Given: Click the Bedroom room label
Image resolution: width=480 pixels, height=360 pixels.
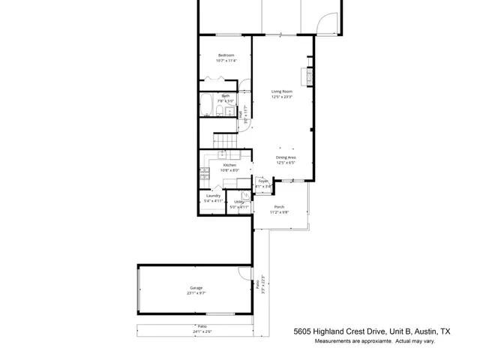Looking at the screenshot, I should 226,55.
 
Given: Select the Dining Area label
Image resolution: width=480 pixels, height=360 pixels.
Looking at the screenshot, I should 286,157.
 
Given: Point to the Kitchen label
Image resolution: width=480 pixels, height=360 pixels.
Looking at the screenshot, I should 229,165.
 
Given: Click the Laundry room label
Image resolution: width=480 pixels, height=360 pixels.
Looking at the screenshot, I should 214,196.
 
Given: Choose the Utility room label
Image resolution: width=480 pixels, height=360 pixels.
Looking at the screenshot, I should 238,202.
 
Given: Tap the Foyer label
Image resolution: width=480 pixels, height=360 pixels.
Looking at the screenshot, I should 263,181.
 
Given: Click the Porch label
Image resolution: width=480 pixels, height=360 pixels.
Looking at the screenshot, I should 279,207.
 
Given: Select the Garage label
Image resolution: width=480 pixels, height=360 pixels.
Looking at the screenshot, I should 196,288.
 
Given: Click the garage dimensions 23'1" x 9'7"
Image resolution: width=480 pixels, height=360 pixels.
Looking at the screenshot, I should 196,292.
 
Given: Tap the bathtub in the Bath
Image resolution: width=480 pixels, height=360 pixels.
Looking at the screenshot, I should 206,104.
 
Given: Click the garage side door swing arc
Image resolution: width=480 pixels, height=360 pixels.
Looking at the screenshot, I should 244,274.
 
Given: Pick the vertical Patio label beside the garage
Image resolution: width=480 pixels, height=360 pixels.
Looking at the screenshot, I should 257,285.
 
